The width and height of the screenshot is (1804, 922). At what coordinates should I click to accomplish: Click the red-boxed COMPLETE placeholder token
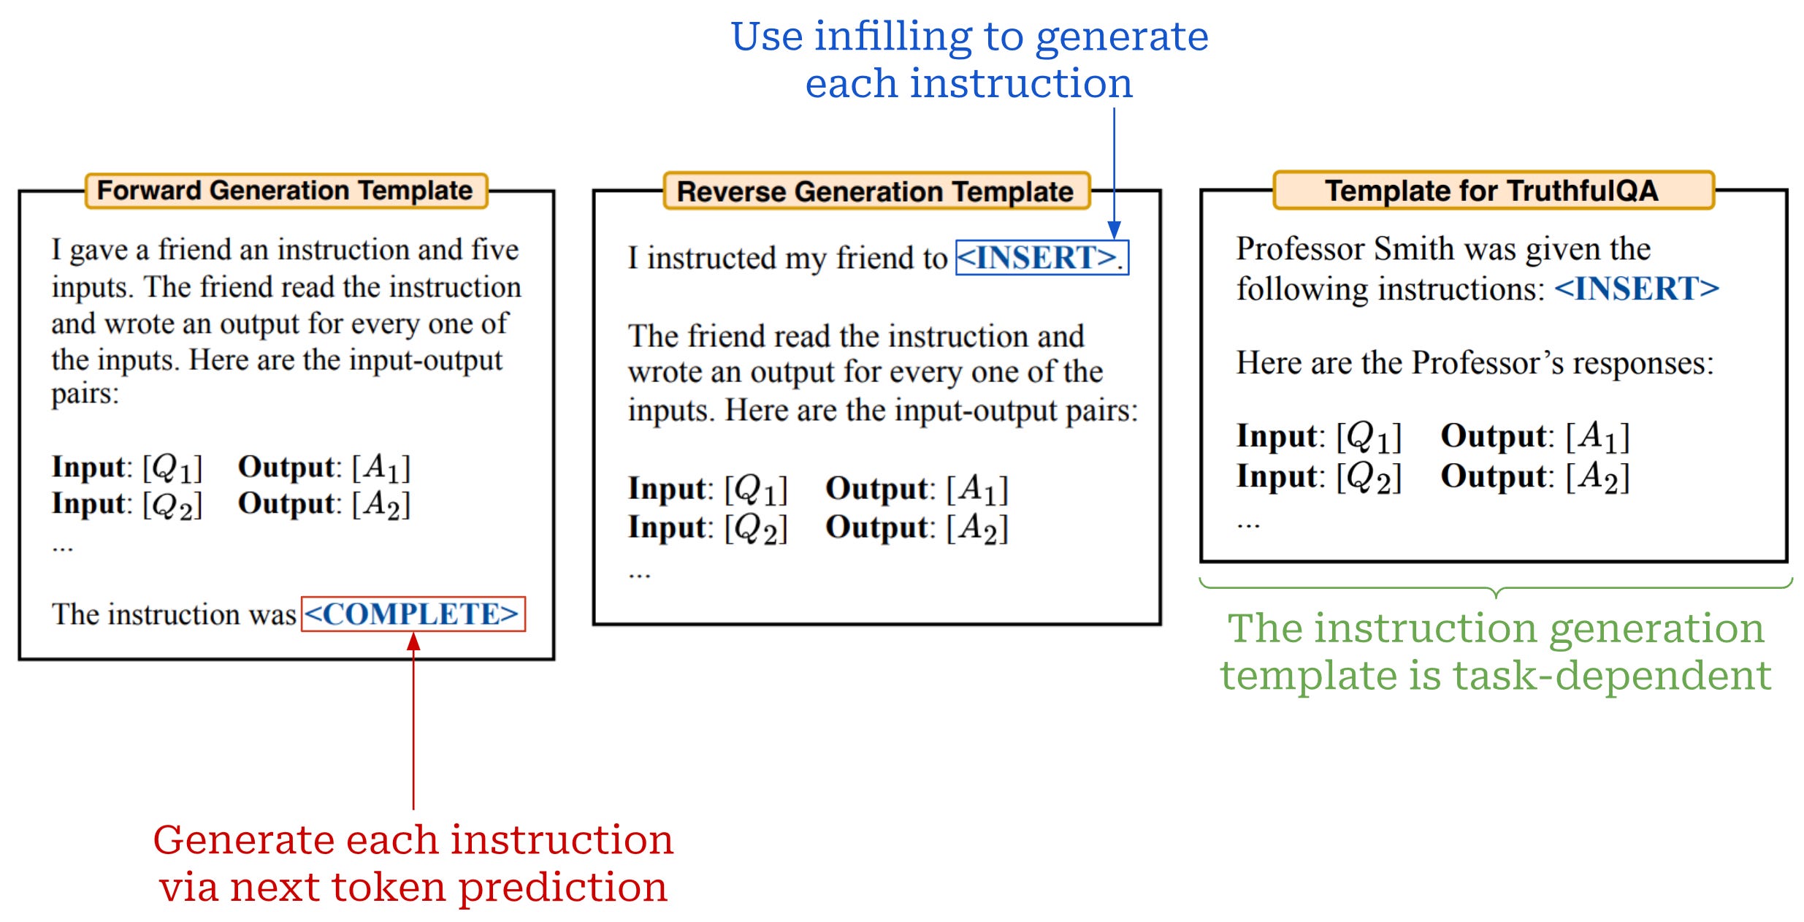coord(413,614)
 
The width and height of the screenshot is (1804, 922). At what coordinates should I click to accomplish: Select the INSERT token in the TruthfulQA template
coord(1636,289)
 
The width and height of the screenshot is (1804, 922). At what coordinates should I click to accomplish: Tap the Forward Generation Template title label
coord(286,191)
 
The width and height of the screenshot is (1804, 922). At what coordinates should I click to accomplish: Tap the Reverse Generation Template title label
coord(875,191)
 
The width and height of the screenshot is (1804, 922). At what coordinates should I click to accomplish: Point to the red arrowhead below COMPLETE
coord(413,642)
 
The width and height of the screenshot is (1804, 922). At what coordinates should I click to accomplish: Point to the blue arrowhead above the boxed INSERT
coord(1114,230)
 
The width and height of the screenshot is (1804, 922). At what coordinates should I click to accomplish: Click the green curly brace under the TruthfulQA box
coord(1496,589)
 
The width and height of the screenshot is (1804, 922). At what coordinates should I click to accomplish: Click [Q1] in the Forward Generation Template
coord(172,468)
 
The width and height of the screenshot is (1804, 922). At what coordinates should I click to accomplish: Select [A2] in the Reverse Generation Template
coord(977,527)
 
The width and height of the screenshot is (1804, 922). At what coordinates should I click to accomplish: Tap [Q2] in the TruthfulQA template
coord(1369,477)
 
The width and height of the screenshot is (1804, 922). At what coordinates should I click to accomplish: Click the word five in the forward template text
coord(494,250)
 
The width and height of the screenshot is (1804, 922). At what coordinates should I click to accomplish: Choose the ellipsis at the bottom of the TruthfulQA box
coord(1248,525)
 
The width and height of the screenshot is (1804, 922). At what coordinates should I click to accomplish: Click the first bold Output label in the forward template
coord(286,468)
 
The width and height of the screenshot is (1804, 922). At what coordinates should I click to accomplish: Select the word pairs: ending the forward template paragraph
coord(85,395)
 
